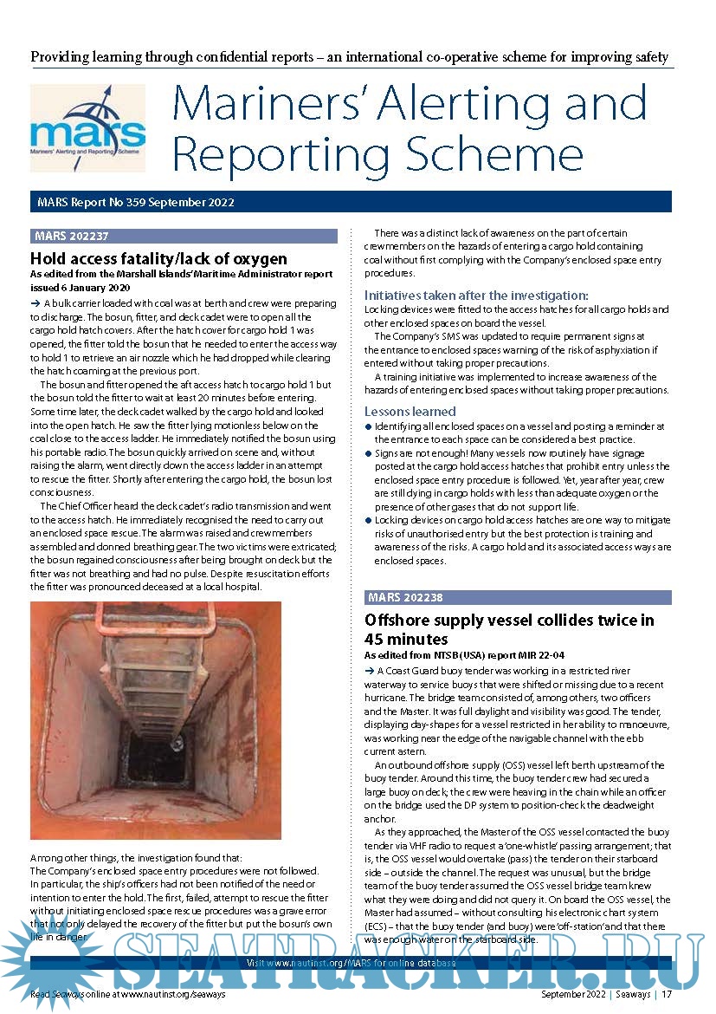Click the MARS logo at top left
[87, 127]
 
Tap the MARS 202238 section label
[405, 598]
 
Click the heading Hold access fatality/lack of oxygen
[158, 258]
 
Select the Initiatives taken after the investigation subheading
[476, 296]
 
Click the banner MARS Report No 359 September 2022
[136, 203]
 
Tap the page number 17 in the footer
[667, 994]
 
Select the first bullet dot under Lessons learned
[368, 427]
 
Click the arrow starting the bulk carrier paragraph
[35, 303]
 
